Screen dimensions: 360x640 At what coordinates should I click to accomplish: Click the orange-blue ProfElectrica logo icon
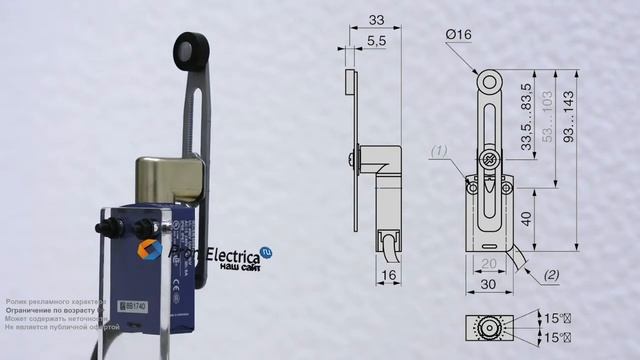pos(150,250)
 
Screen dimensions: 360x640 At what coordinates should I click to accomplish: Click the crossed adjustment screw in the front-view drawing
pos(489,161)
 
